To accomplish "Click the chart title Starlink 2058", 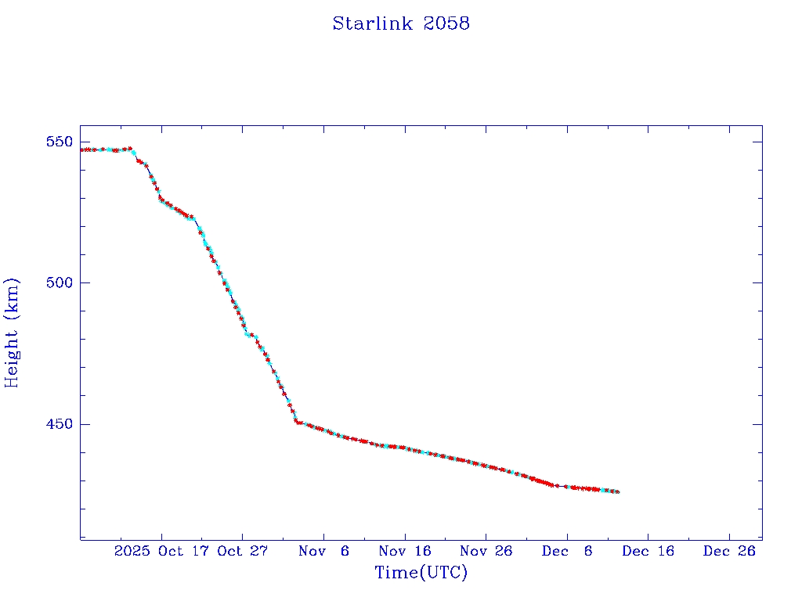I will (401, 23).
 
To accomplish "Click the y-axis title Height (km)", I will (12, 333).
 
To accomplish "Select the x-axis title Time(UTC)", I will (421, 573).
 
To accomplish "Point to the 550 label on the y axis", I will (60, 142).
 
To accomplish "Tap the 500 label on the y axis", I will (60, 283).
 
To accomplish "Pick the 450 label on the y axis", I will (60, 424).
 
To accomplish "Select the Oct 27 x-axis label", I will (243, 551).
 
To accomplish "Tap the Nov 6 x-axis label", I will (323, 551).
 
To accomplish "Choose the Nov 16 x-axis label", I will (405, 551).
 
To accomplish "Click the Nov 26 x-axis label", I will (486, 551).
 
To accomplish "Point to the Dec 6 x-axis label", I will (567, 551).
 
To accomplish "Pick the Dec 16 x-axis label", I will (648, 551).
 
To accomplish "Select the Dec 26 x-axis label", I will (729, 551).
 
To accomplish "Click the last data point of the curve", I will (618, 491).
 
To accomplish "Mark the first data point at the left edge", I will (81, 149).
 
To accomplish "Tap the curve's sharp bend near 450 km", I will (296, 422).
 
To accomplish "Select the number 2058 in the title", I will (446, 23).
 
